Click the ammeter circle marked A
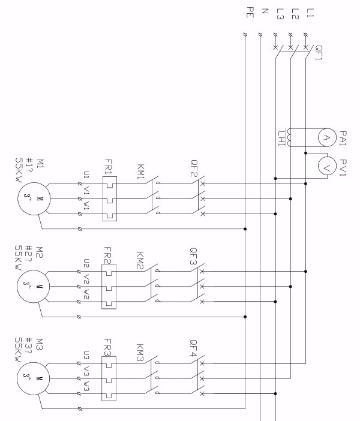(325, 137)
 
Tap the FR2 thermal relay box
(109, 287)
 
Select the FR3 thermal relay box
(109, 379)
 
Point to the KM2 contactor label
(140, 263)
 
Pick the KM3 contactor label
(140, 354)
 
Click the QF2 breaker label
(194, 174)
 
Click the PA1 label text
(343, 137)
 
